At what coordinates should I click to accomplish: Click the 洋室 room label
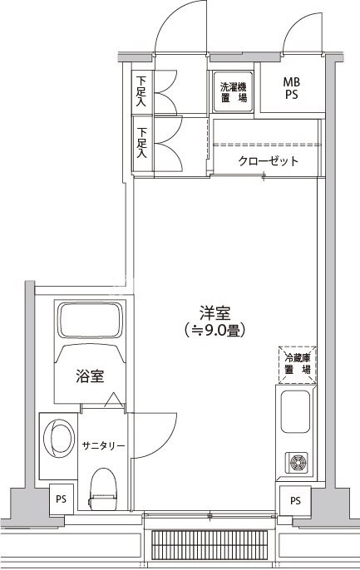click(215, 313)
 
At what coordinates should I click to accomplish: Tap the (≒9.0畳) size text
click(215, 330)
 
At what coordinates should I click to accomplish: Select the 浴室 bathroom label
click(90, 376)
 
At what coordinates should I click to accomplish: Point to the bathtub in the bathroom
click(90, 320)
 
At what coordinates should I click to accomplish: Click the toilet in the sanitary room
click(103, 489)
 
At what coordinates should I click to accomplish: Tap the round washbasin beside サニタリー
click(59, 439)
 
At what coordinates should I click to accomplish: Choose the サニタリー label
click(104, 445)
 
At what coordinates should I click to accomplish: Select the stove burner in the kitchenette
click(296, 462)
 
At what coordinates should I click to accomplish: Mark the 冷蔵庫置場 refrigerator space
click(297, 365)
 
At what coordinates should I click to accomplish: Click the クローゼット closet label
click(269, 160)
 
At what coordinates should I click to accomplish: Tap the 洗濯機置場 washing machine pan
click(233, 91)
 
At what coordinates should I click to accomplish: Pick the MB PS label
click(292, 88)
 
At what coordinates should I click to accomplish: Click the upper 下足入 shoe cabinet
click(141, 91)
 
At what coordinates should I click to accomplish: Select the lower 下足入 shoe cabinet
click(142, 143)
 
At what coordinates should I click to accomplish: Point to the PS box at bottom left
click(61, 499)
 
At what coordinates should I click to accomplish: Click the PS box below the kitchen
click(295, 500)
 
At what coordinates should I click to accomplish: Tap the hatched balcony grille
click(210, 549)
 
